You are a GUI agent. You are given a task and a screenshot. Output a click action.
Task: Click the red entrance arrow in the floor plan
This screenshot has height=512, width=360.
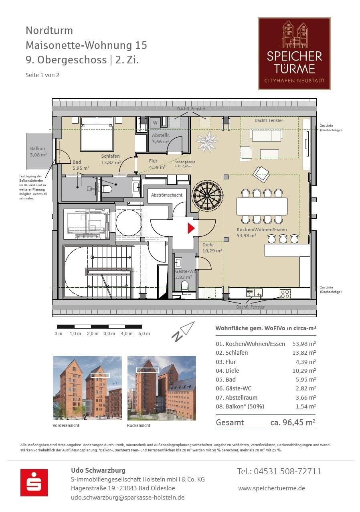click(191, 228)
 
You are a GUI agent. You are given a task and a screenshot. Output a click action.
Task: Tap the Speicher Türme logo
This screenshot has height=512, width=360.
click(294, 53)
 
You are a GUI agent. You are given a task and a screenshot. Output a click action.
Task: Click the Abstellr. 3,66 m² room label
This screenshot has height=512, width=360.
click(161, 138)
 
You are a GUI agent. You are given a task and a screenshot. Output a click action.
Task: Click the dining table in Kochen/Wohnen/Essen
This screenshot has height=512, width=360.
click(262, 206)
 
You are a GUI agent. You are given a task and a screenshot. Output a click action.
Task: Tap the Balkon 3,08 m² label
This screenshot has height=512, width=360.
click(38, 151)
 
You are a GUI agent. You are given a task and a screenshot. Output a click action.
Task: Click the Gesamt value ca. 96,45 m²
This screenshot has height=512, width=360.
click(293, 422)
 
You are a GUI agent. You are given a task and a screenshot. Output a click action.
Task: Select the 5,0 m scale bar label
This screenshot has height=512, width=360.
click(144, 333)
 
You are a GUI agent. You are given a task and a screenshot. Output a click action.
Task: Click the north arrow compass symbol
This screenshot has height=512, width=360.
click(183, 331)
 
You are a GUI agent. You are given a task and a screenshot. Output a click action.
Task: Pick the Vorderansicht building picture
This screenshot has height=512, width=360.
click(87, 388)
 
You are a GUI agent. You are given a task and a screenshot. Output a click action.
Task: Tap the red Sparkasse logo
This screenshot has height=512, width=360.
click(34, 482)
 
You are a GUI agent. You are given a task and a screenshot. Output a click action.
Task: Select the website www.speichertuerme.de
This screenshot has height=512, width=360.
click(271, 488)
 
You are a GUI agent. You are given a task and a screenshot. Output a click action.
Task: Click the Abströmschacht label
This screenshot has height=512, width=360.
click(167, 195)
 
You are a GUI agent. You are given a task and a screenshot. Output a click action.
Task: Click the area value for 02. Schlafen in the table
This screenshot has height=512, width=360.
click(304, 353)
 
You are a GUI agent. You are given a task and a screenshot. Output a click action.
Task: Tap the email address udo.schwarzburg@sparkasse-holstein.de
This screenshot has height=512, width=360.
click(127, 497)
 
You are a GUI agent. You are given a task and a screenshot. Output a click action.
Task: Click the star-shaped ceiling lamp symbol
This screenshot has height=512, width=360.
click(207, 142)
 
